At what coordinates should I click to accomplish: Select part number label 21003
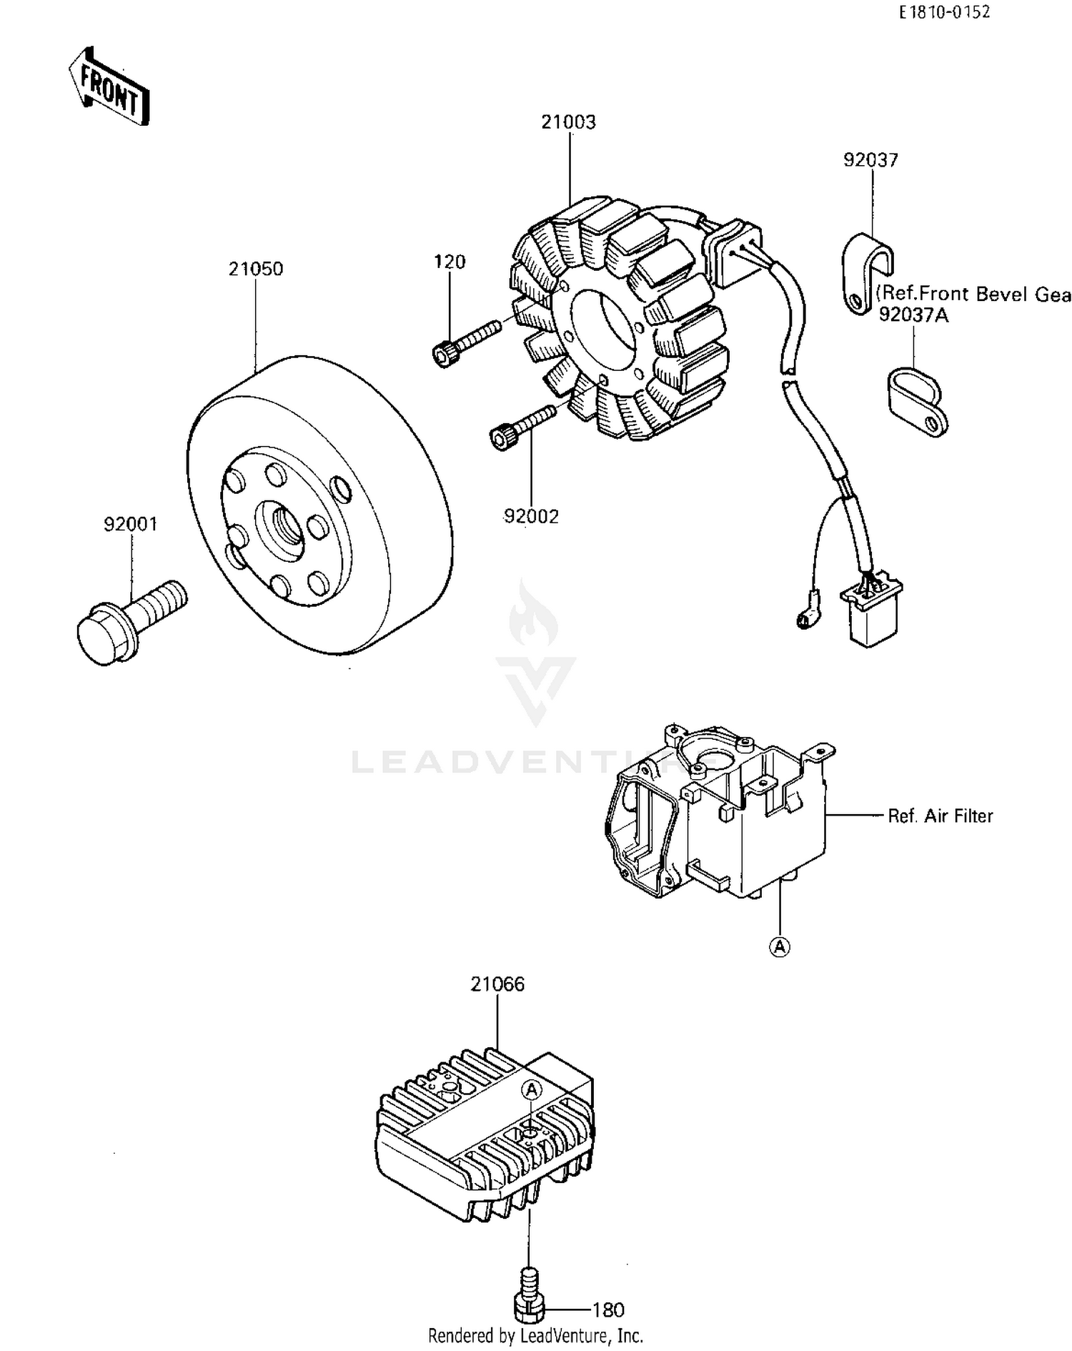coord(568,122)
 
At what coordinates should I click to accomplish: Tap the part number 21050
coord(256,269)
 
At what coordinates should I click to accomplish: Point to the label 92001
coord(131,525)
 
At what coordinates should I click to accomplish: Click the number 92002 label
coord(531,516)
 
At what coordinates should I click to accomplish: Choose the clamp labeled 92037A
coord(918,401)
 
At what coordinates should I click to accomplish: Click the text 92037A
coord(913,315)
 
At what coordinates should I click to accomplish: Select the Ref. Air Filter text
coord(940,816)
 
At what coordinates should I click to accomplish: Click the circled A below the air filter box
coord(780,947)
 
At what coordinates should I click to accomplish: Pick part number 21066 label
coord(497,984)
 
